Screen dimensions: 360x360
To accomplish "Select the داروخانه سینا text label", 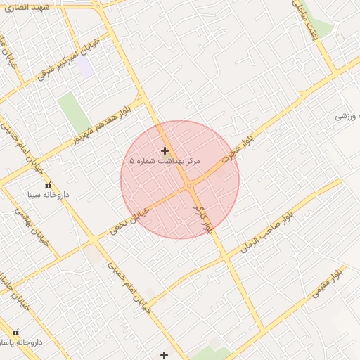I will tap(49, 193).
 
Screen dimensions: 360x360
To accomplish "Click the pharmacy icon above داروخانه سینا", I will tap(48, 185).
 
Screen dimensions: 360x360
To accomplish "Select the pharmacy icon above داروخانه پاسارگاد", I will tap(15, 331).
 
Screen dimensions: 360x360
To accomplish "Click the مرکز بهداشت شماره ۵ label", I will tap(165, 161).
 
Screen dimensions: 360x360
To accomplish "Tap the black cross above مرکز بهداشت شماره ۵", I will tap(165, 150).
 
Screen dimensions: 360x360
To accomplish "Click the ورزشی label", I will tap(348, 115).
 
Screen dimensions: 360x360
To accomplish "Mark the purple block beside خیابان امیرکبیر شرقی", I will tap(84, 67).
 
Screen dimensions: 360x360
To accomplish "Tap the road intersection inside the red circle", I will tap(189, 186).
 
